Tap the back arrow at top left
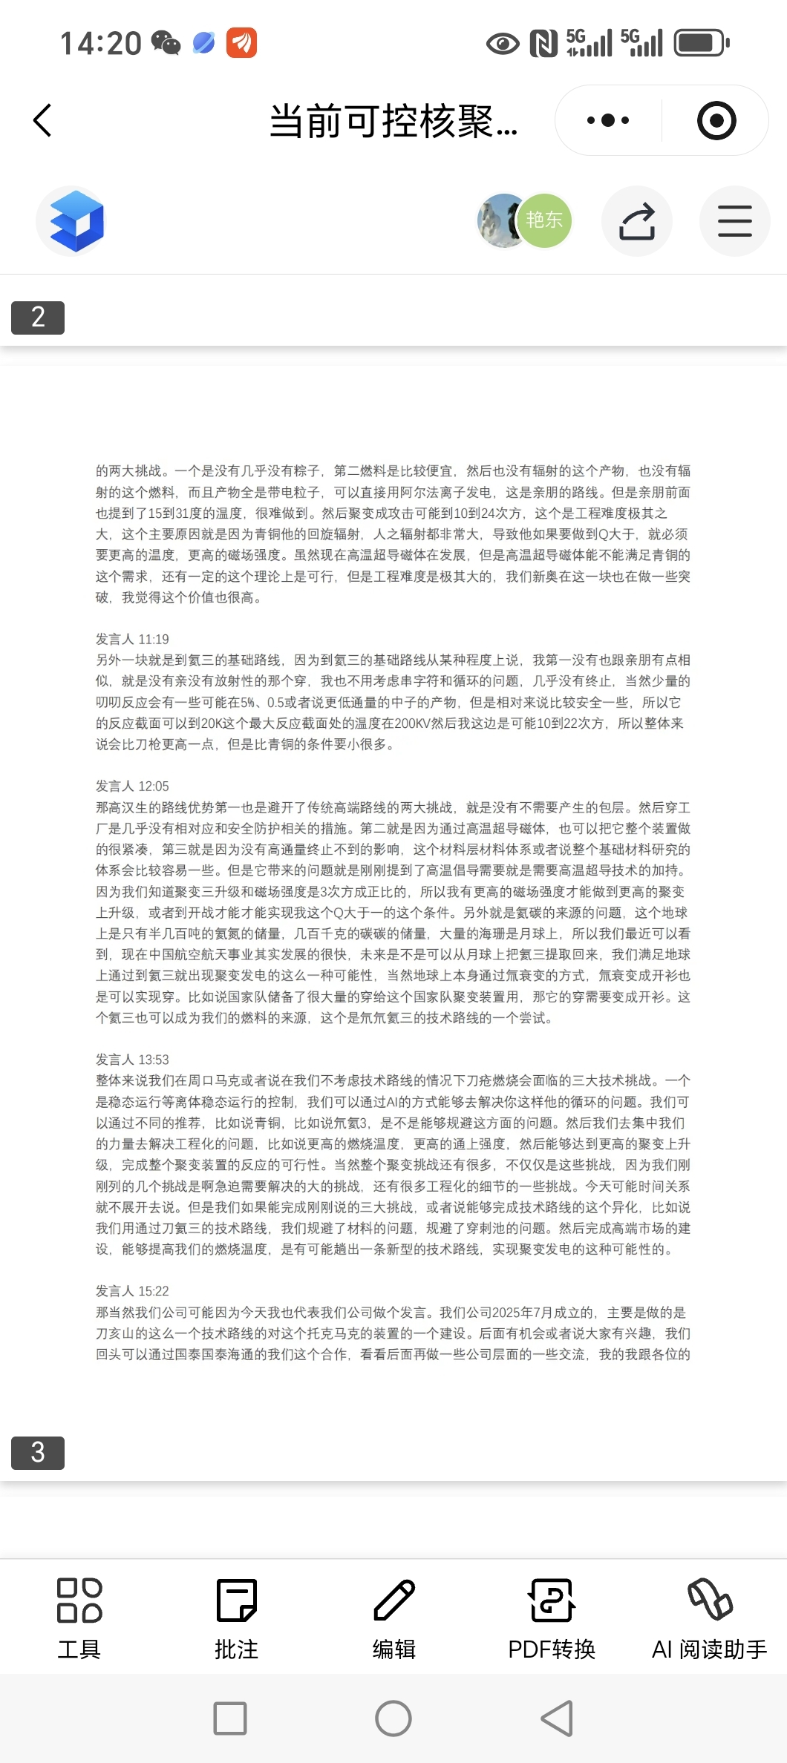(x=43, y=120)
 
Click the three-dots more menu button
(x=608, y=120)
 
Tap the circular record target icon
(x=716, y=120)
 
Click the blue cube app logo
(x=76, y=221)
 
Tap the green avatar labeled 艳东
(x=544, y=220)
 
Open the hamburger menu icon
(x=734, y=221)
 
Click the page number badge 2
(x=38, y=318)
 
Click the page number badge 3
(x=38, y=1453)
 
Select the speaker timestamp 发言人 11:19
(x=132, y=639)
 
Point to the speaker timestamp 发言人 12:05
(x=132, y=786)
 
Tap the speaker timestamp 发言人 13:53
(x=132, y=1060)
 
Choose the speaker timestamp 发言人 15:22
(x=132, y=1291)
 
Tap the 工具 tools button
(x=79, y=1618)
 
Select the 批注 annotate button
(x=237, y=1618)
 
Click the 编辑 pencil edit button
(x=394, y=1618)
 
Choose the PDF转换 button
(x=552, y=1618)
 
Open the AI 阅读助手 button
(x=709, y=1618)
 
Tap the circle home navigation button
(x=393, y=1718)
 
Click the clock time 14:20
(x=100, y=43)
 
